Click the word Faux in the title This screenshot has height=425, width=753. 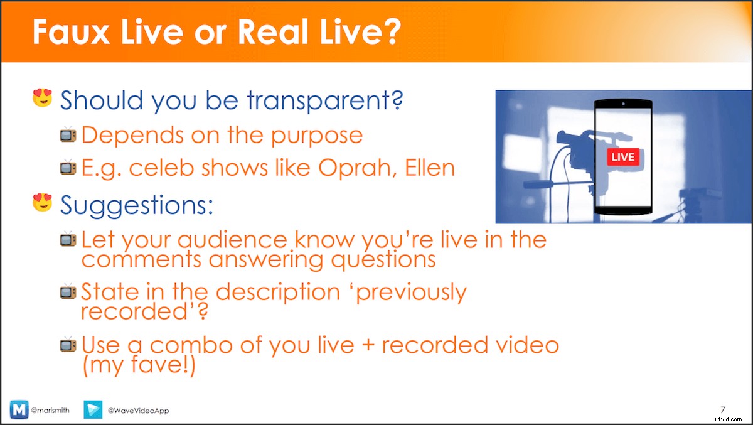tap(71, 31)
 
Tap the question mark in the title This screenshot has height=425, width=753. tap(392, 31)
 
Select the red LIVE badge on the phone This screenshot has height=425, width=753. tap(623, 157)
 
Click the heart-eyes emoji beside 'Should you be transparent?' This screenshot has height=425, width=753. tap(43, 98)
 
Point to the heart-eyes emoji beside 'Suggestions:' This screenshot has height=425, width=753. tap(43, 202)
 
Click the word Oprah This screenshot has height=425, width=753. tap(358, 168)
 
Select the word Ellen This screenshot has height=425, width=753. tap(430, 168)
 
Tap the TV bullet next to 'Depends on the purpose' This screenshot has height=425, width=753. tap(68, 135)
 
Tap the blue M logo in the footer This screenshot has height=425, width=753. tap(19, 409)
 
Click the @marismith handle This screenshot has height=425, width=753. tap(50, 410)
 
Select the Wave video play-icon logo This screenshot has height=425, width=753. tap(93, 409)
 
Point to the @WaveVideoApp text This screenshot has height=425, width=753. tap(138, 411)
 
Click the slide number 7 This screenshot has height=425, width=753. tap(723, 409)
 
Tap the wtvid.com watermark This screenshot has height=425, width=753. tap(729, 419)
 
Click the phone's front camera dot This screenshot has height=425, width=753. tap(623, 104)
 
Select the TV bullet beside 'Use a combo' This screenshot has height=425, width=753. tap(68, 345)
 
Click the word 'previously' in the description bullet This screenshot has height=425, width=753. tap(411, 293)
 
